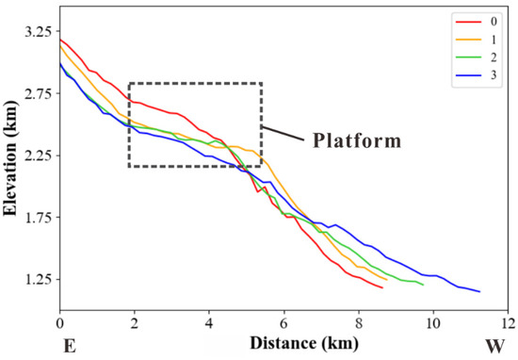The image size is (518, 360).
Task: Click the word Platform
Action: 356,140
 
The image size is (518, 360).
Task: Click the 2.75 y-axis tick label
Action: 37,93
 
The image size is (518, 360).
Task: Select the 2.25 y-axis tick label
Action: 37,155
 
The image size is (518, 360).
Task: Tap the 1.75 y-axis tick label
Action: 37,218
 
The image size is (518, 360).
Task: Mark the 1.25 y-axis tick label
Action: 37,280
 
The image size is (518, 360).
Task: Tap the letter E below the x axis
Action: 69,346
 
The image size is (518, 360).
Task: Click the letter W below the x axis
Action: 495,346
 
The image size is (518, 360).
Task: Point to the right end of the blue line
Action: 479,291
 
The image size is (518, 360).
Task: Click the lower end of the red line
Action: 382,287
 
